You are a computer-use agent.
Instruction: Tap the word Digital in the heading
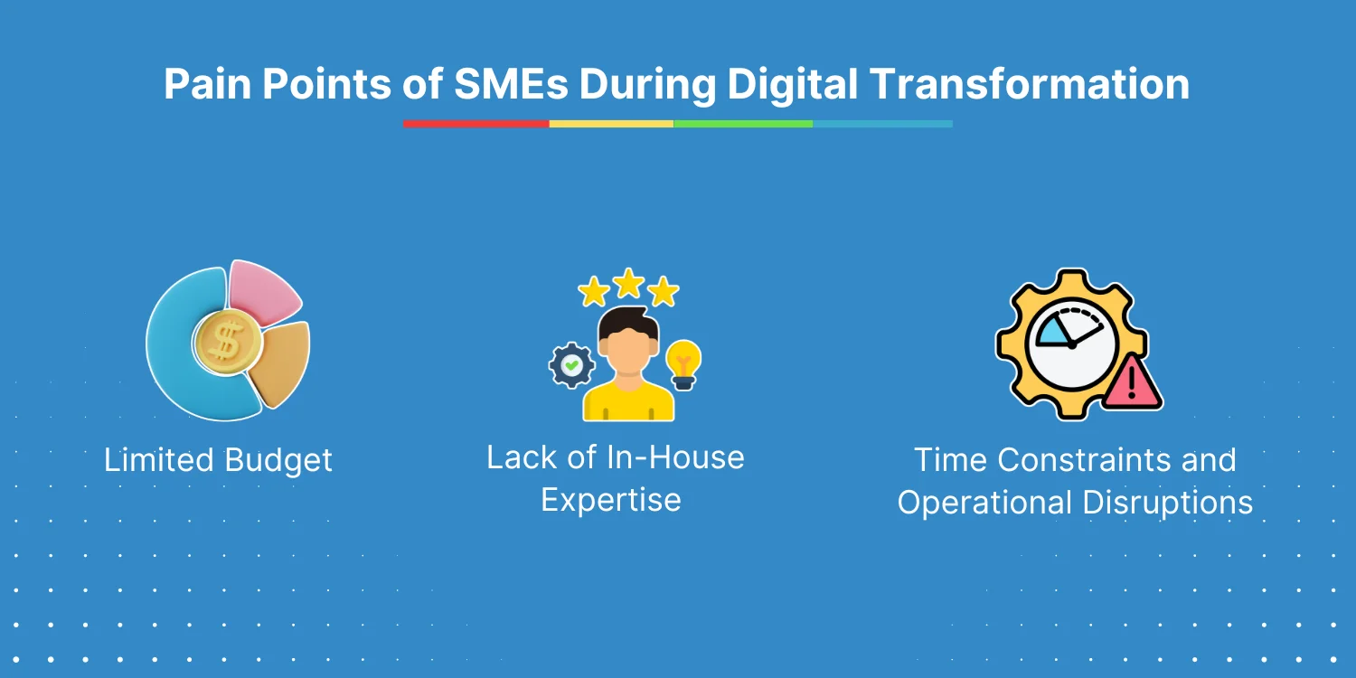[x=792, y=85]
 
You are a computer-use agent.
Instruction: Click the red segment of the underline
[x=476, y=124]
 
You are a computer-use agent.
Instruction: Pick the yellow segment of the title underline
[x=611, y=124]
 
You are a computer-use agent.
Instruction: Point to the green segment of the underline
[x=743, y=124]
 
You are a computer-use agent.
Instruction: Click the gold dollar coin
[x=228, y=342]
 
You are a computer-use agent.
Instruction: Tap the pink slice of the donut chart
[x=264, y=292]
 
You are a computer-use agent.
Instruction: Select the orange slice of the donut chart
[x=280, y=364]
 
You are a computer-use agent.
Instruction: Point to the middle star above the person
[x=628, y=283]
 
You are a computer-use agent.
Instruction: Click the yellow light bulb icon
[x=683, y=364]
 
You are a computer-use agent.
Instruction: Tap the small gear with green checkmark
[x=571, y=365]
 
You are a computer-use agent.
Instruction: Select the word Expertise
[x=611, y=501]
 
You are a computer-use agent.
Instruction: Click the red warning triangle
[x=1132, y=385]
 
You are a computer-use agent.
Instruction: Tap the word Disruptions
[x=1167, y=503]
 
